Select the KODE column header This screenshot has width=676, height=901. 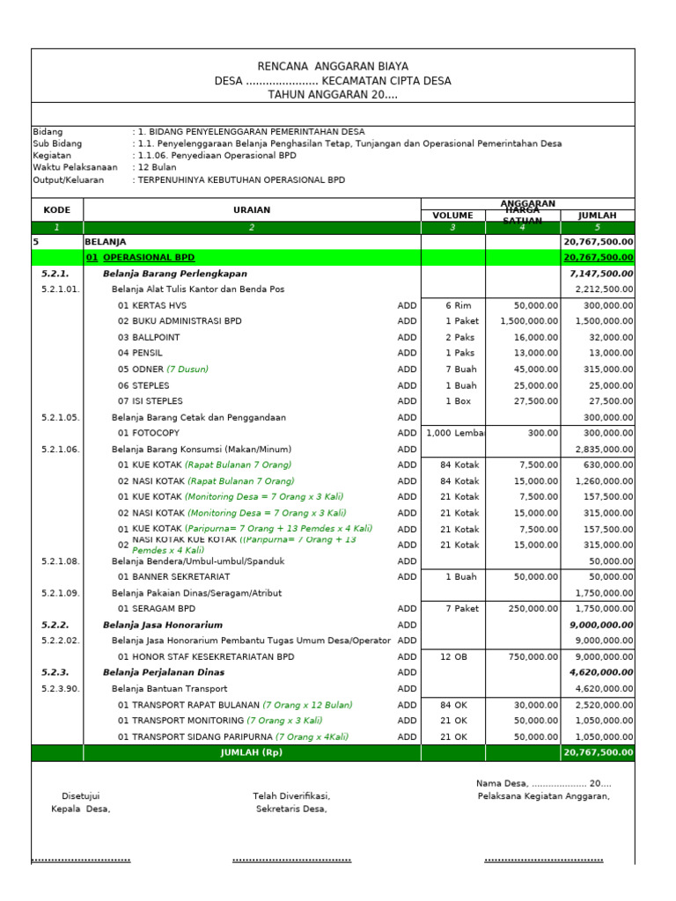[57, 210]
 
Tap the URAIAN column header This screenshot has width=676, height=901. [252, 210]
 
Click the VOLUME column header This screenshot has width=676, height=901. [452, 216]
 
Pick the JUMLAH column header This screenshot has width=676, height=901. [597, 216]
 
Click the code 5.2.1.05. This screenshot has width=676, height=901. [60, 417]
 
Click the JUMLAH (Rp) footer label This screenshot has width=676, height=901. [252, 753]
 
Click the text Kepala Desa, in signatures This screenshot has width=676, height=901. [81, 809]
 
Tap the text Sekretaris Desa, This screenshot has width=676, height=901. [291, 809]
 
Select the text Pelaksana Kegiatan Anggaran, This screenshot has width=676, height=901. [543, 796]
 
